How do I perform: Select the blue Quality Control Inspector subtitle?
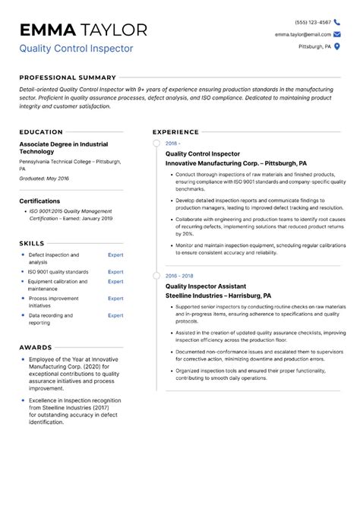point(76,49)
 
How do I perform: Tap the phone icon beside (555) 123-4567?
point(337,22)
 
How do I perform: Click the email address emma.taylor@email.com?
point(303,34)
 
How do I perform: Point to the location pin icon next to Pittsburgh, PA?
point(337,46)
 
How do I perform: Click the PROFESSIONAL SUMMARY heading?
point(68,77)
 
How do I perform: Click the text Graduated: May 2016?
point(44,178)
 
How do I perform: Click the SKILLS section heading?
point(32,242)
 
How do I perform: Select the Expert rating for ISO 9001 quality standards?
point(115,271)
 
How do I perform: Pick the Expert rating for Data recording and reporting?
point(115,315)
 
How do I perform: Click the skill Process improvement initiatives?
point(53,302)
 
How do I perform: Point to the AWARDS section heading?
point(36,346)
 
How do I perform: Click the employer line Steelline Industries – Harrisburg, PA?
point(218,296)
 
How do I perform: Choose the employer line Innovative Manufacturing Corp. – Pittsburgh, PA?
point(235,163)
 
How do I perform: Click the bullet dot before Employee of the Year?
point(23,359)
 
